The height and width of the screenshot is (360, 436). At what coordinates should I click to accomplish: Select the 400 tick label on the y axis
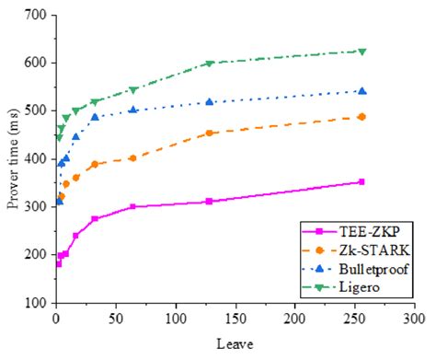click(x=36, y=158)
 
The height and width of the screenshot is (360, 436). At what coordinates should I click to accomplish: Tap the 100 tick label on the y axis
click(x=36, y=302)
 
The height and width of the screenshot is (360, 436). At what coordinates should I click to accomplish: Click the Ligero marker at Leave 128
click(x=210, y=64)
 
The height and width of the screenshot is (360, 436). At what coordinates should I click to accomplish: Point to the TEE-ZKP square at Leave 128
click(x=210, y=201)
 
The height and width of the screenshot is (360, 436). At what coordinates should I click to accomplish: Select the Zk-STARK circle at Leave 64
click(x=133, y=158)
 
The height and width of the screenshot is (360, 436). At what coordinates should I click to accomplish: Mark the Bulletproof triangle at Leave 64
click(x=133, y=110)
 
